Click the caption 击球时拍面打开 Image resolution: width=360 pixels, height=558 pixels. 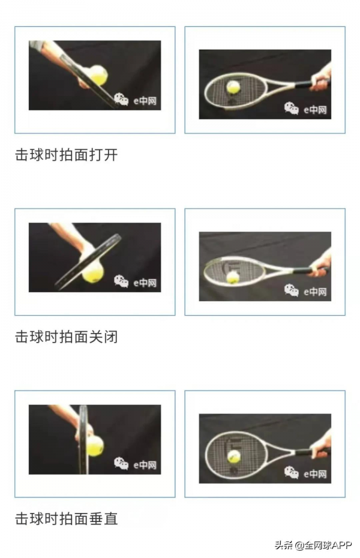pyautogui.click(x=67, y=155)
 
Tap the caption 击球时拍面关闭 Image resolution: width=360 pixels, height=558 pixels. pyautogui.click(x=67, y=337)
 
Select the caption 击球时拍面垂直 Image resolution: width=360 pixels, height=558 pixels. pyautogui.click(x=67, y=518)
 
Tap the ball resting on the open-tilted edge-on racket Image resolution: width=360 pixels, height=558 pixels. pyautogui.click(x=98, y=76)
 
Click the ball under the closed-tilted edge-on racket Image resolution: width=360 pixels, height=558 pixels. pyautogui.click(x=93, y=273)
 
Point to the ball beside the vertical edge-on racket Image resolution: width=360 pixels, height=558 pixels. pyautogui.click(x=95, y=445)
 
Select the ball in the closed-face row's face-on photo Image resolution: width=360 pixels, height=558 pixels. pyautogui.click(x=233, y=277)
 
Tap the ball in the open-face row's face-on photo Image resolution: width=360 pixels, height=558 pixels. pyautogui.click(x=233, y=88)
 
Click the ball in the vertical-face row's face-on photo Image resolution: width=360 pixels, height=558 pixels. pyautogui.click(x=233, y=457)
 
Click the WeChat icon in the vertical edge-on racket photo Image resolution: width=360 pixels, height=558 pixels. pyautogui.click(x=122, y=464)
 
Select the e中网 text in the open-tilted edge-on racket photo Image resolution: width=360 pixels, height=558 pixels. pyautogui.click(x=145, y=100)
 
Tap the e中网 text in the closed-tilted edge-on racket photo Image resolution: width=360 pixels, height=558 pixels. pyautogui.click(x=145, y=283)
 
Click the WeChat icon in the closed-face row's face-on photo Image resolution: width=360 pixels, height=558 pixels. pyautogui.click(x=292, y=291)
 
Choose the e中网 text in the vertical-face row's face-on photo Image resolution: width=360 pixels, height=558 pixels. pyautogui.click(x=315, y=474)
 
